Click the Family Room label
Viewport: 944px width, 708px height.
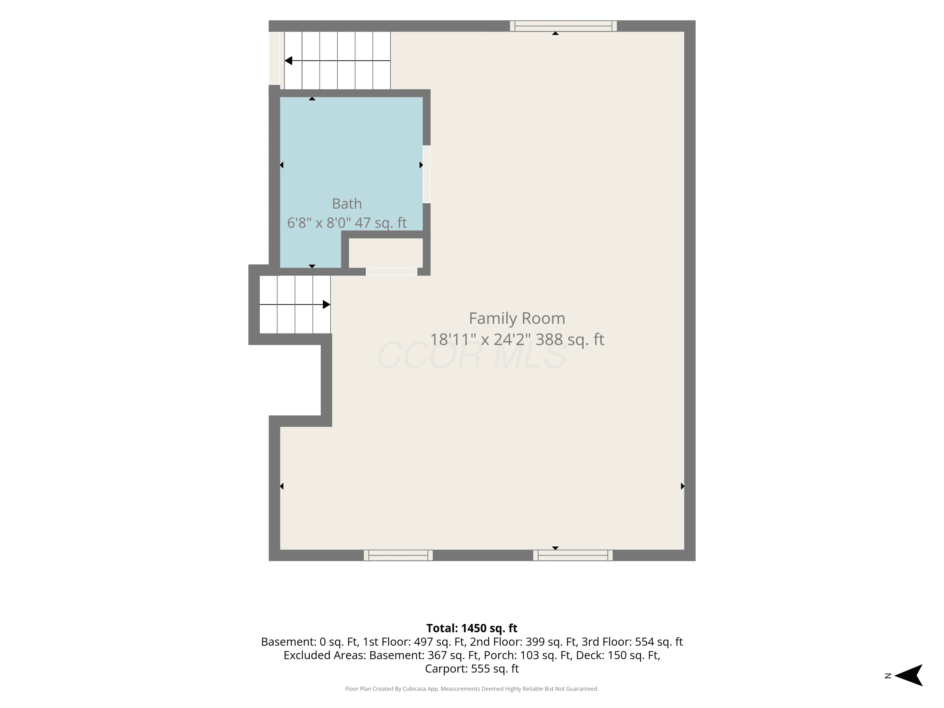[x=517, y=318]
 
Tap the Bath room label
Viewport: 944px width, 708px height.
[x=347, y=204]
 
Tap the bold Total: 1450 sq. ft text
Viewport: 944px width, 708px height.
[x=472, y=628]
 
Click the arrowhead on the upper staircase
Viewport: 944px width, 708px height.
[x=289, y=61]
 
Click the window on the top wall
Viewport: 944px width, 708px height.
[x=563, y=26]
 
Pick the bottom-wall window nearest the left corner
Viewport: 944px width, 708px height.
[x=398, y=555]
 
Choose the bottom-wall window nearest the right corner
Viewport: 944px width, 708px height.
[x=573, y=555]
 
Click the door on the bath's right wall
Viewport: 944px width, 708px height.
[x=426, y=174]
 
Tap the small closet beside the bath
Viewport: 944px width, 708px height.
[x=386, y=253]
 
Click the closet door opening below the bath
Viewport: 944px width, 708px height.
[x=391, y=272]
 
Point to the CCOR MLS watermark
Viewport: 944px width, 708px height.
[x=472, y=355]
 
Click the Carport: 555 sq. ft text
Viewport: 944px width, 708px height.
[x=472, y=669]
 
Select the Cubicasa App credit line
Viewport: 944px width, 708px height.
[x=472, y=688]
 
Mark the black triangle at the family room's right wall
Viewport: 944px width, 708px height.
[x=683, y=486]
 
